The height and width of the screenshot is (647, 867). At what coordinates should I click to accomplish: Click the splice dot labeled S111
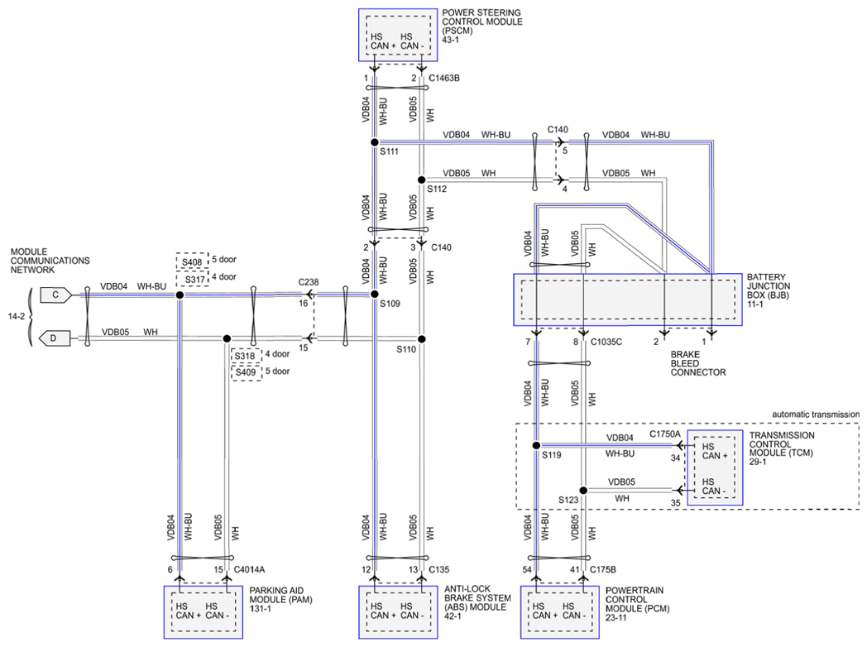click(374, 142)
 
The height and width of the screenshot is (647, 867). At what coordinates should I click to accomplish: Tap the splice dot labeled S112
click(421, 180)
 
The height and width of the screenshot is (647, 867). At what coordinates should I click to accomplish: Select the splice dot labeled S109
click(374, 294)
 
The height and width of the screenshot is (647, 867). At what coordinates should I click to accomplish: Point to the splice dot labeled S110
click(421, 338)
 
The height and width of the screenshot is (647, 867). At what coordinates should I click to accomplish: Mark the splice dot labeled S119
click(536, 445)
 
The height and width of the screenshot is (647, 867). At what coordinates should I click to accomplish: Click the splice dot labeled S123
click(583, 490)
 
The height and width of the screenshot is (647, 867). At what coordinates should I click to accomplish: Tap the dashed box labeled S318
click(246, 356)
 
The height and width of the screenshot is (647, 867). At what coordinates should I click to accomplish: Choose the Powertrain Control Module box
click(559, 612)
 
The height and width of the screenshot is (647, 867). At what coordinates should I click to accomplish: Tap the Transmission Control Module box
click(714, 467)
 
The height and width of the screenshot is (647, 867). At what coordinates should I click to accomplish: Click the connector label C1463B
click(444, 79)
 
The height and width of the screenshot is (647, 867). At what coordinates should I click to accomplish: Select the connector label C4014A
click(249, 569)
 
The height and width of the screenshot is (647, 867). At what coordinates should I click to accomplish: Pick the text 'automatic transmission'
click(815, 415)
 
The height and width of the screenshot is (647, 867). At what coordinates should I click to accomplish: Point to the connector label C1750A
click(664, 434)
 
